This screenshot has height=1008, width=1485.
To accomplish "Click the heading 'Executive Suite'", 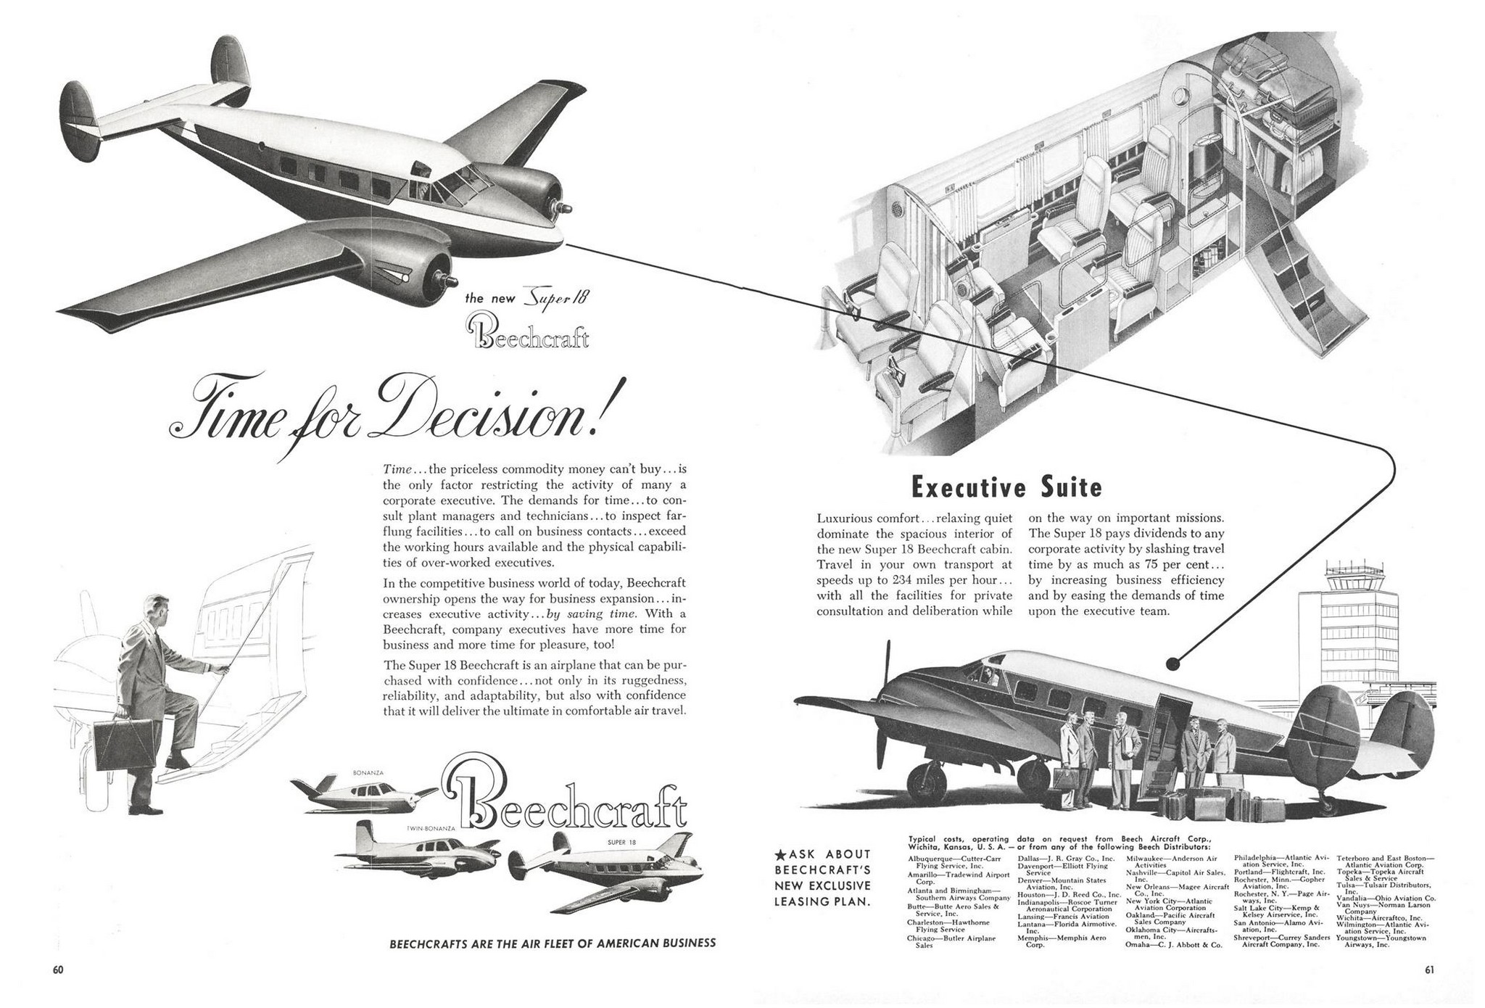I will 1006,487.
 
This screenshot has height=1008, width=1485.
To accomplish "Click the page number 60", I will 58,969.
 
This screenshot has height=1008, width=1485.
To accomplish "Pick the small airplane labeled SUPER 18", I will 605,869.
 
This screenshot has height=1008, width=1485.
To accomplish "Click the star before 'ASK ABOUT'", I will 780,855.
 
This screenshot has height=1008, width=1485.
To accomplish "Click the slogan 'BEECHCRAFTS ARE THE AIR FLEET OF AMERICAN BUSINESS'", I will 553,943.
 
